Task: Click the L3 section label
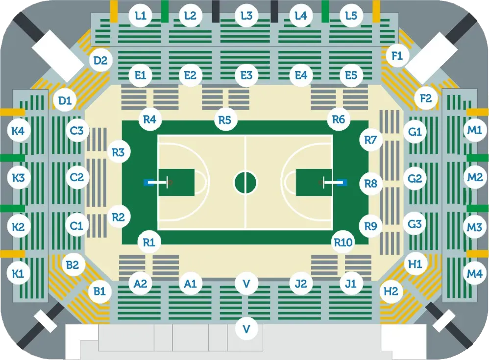click(x=246, y=16)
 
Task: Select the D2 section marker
click(x=100, y=60)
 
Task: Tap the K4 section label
click(x=18, y=131)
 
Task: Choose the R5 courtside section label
click(x=225, y=120)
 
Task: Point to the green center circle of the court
click(x=245, y=183)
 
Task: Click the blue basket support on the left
click(x=148, y=183)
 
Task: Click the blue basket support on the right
click(x=342, y=183)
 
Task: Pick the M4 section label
click(x=474, y=274)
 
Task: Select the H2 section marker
click(x=391, y=291)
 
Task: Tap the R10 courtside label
click(x=343, y=242)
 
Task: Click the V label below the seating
click(x=246, y=329)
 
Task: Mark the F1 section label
click(x=397, y=56)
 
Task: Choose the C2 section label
click(x=76, y=177)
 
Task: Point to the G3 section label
click(x=415, y=224)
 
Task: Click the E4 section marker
click(x=301, y=75)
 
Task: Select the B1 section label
click(x=99, y=291)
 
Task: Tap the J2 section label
click(x=301, y=284)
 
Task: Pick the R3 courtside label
click(x=118, y=152)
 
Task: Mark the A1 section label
click(x=190, y=284)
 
